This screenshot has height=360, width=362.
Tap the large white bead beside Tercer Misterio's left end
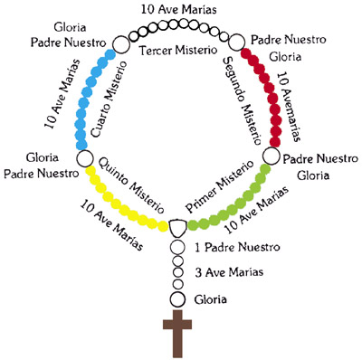tap(120, 43)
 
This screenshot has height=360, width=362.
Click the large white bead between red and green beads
tap(269, 157)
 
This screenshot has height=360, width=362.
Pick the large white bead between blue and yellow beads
tap(85, 158)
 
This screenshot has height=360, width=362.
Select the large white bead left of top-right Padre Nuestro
tap(237, 41)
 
